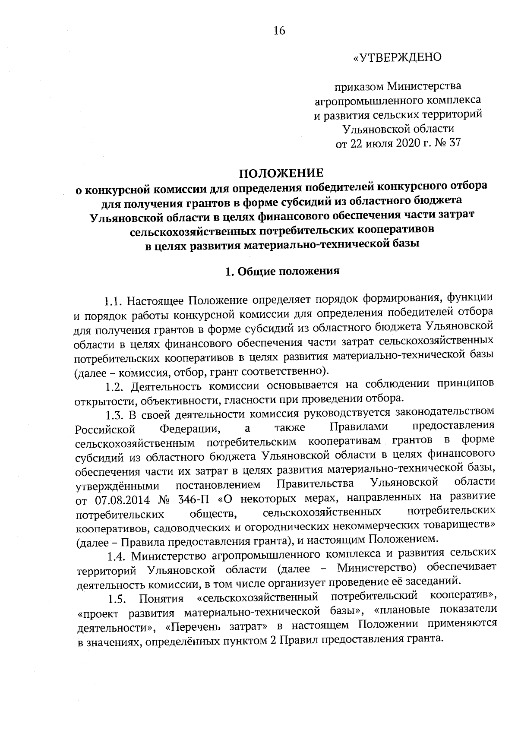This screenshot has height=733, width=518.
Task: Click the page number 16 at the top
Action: [x=279, y=31]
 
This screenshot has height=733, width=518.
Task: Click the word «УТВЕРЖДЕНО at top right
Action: [x=397, y=57]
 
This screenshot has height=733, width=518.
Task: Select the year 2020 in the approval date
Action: [x=408, y=143]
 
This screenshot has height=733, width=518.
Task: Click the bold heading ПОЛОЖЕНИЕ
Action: [x=281, y=174]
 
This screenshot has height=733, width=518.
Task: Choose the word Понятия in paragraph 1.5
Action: [x=161, y=599]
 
